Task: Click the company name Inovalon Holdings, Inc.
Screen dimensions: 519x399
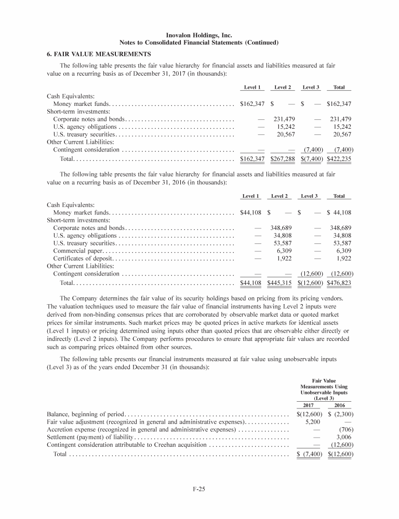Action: point(199,34)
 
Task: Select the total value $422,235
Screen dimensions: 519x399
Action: point(339,159)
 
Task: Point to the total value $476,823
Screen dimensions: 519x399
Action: point(339,283)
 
